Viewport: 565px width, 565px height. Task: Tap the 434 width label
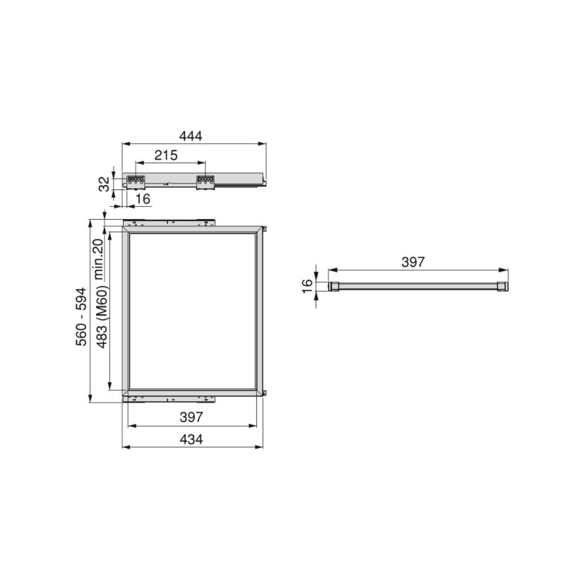tap(191, 439)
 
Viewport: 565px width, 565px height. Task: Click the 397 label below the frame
tap(191, 417)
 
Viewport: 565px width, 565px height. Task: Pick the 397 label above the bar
tap(412, 262)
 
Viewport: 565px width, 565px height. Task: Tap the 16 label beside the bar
tap(307, 286)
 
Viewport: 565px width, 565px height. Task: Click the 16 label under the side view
tap(143, 199)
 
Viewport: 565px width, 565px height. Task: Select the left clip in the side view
tap(136, 182)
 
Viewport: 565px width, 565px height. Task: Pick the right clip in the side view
tap(204, 182)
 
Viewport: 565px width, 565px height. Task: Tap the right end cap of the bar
tap(501, 286)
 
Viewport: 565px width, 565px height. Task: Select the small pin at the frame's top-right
tap(266, 229)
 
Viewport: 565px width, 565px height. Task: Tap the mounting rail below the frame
tap(169, 398)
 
